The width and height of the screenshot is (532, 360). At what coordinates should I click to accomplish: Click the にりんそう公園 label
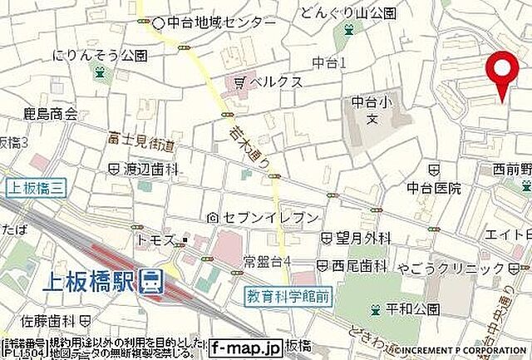[100, 56]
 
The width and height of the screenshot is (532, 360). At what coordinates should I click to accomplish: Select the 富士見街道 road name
[140, 144]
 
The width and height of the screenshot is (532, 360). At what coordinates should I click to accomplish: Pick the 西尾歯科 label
[359, 267]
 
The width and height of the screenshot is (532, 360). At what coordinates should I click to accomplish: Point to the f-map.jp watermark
[245, 348]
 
